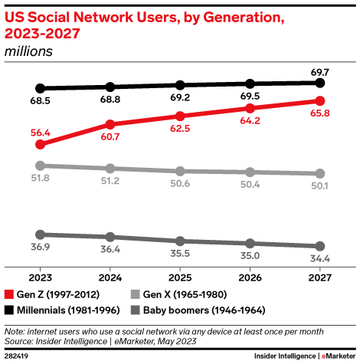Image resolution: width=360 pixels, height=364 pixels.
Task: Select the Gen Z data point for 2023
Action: pyautogui.click(x=41, y=143)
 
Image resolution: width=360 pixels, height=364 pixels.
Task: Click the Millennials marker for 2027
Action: pyautogui.click(x=320, y=82)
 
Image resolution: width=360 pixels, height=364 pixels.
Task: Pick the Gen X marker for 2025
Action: pyautogui.click(x=180, y=171)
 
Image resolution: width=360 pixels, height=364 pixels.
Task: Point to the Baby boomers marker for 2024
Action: pyautogui.click(x=110, y=237)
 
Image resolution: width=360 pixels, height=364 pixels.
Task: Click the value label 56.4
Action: pyautogui.click(x=41, y=130)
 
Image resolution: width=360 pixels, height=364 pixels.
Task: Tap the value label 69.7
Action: pyautogui.click(x=320, y=70)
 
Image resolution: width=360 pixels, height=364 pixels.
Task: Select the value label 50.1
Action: pyautogui.click(x=320, y=186)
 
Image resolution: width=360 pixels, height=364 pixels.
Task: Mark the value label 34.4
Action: pyautogui.click(x=320, y=259)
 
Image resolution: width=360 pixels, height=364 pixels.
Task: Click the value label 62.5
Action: pyautogui.click(x=180, y=130)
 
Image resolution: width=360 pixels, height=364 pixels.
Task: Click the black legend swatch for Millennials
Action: pyautogui.click(x=9, y=310)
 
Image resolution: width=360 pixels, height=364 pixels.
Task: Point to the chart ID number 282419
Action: pyautogui.click(x=18, y=356)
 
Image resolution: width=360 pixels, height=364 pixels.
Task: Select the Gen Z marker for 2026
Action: pyautogui.click(x=250, y=108)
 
